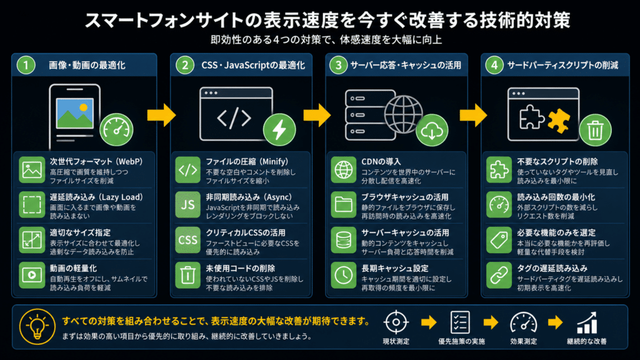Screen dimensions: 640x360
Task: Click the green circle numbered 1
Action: click(x=26, y=65)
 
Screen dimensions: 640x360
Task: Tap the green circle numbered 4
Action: click(x=494, y=65)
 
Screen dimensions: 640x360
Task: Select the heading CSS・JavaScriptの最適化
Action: click(x=253, y=65)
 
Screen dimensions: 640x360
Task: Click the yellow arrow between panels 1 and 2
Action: click(x=162, y=115)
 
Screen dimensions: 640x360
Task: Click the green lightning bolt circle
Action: click(x=279, y=130)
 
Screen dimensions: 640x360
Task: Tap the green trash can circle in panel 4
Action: click(x=595, y=130)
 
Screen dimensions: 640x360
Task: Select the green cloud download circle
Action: click(x=432, y=130)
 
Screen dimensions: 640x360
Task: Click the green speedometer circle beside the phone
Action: click(x=116, y=130)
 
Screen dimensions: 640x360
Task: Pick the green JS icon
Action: click(x=187, y=205)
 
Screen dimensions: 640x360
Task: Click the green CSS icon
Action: click(x=187, y=240)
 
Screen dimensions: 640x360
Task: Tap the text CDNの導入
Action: click(x=381, y=162)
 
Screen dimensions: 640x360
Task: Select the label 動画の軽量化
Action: click(x=74, y=268)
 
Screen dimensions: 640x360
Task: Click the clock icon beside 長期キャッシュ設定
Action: click(x=344, y=276)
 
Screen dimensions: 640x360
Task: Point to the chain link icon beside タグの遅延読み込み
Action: click(x=499, y=276)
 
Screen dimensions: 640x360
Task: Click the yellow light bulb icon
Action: click(x=37, y=326)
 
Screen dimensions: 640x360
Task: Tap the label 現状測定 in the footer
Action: click(x=396, y=341)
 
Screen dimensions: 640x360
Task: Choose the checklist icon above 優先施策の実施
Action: click(x=460, y=322)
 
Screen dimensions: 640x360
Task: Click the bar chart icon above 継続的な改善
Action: click(x=587, y=323)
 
